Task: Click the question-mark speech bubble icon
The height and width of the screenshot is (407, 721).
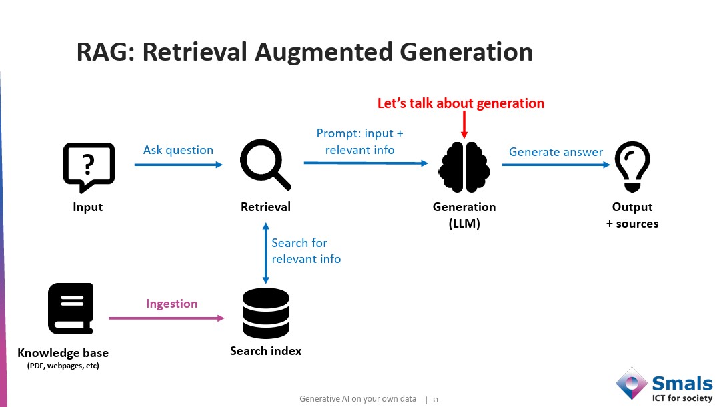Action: [x=89, y=167]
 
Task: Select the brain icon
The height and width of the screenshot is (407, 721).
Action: [x=464, y=168]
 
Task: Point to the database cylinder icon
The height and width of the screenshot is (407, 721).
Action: [x=265, y=313]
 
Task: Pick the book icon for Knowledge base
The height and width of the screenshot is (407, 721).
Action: [x=71, y=308]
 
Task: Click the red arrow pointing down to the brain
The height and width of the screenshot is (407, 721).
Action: [x=464, y=126]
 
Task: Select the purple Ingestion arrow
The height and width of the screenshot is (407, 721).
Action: [x=167, y=318]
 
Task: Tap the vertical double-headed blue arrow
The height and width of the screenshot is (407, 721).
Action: [x=266, y=252]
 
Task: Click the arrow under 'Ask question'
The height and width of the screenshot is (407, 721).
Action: [x=179, y=164]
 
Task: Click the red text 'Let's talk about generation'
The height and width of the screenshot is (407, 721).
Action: [x=461, y=103]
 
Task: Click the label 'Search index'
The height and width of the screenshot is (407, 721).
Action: [x=265, y=351]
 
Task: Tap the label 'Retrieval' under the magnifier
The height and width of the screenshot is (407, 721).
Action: [x=265, y=207]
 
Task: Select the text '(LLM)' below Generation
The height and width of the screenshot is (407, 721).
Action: [x=464, y=224]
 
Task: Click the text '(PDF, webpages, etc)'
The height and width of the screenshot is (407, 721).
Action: [x=63, y=366]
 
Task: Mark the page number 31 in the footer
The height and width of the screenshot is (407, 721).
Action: [x=435, y=400]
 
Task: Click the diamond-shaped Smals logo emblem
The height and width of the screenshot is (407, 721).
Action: [x=631, y=384]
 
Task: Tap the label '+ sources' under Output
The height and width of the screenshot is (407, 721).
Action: [x=632, y=224]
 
